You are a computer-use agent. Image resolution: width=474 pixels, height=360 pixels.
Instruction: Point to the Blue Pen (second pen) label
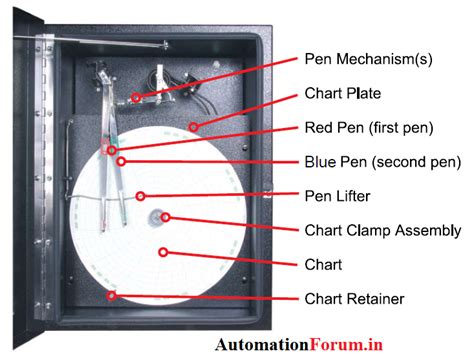[x=381, y=161]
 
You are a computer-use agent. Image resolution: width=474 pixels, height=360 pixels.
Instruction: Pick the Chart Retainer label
[x=351, y=297]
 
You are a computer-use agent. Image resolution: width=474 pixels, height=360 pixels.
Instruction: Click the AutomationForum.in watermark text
[x=299, y=345]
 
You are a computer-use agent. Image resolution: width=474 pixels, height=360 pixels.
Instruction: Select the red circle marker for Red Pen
[x=112, y=150]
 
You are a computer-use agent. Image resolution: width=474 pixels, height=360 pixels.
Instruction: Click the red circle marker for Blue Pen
[x=120, y=161]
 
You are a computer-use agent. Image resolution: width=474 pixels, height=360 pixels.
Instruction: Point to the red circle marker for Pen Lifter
[x=141, y=195]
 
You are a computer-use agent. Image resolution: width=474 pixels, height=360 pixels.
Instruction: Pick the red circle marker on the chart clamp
[x=166, y=217]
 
